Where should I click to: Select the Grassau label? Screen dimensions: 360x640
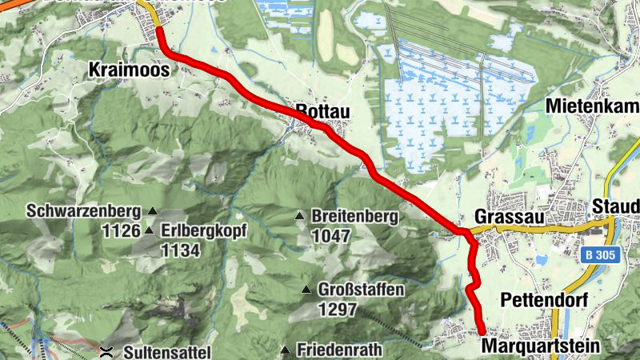coord(503,217)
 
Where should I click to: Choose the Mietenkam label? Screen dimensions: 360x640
coord(592,106)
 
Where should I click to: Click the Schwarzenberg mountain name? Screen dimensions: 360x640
coord(82,212)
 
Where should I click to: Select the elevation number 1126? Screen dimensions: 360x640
coord(122,230)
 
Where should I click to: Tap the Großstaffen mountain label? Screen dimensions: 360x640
coord(362,290)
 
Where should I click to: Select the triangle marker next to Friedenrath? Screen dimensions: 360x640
coord(286,350)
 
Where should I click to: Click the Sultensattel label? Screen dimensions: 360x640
coord(167,351)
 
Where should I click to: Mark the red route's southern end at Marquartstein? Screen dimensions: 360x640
coord(482,331)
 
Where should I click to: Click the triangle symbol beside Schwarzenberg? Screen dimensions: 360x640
coord(152,212)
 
